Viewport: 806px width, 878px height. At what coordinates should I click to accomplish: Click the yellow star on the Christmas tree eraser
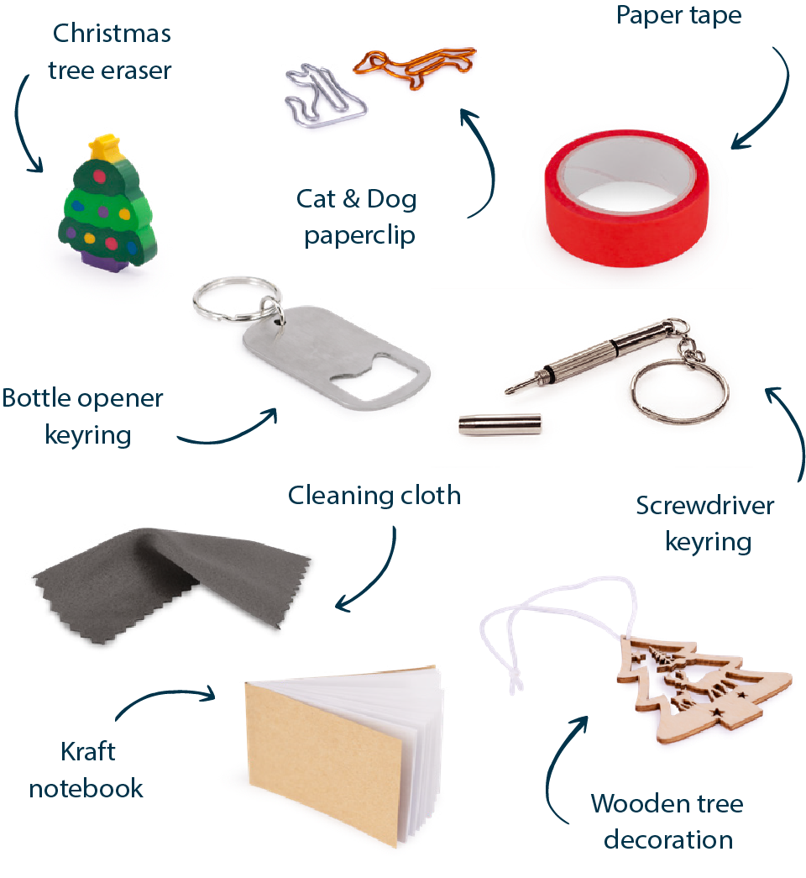coord(105,146)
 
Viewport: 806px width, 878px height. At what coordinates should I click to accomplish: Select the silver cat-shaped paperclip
coord(325,95)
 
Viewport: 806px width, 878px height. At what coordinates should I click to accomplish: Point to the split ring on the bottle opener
coord(238,299)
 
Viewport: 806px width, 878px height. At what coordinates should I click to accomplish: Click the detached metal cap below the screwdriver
coord(500,424)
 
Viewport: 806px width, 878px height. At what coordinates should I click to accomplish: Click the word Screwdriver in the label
coord(704,506)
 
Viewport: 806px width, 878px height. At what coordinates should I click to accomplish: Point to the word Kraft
coord(88,751)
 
